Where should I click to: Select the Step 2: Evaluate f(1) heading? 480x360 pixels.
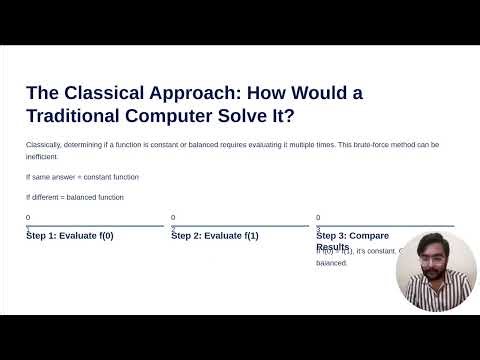point(215,236)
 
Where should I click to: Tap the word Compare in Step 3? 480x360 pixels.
point(369,236)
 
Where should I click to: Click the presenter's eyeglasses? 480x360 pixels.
point(435,257)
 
